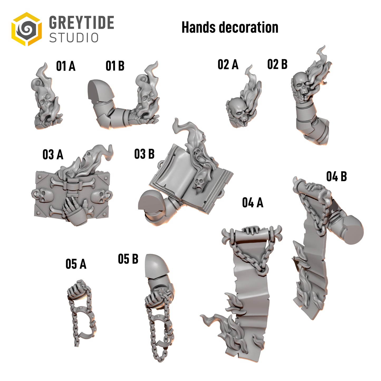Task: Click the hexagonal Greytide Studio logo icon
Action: [26, 29]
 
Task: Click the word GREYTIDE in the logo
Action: [81, 22]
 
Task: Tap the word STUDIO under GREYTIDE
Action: [74, 38]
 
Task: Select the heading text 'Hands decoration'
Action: [230, 27]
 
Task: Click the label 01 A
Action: [66, 66]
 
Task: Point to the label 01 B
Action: [115, 66]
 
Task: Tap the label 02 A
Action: [228, 64]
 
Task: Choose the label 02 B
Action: [277, 64]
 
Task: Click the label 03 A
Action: [53, 155]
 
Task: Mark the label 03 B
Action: [144, 154]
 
